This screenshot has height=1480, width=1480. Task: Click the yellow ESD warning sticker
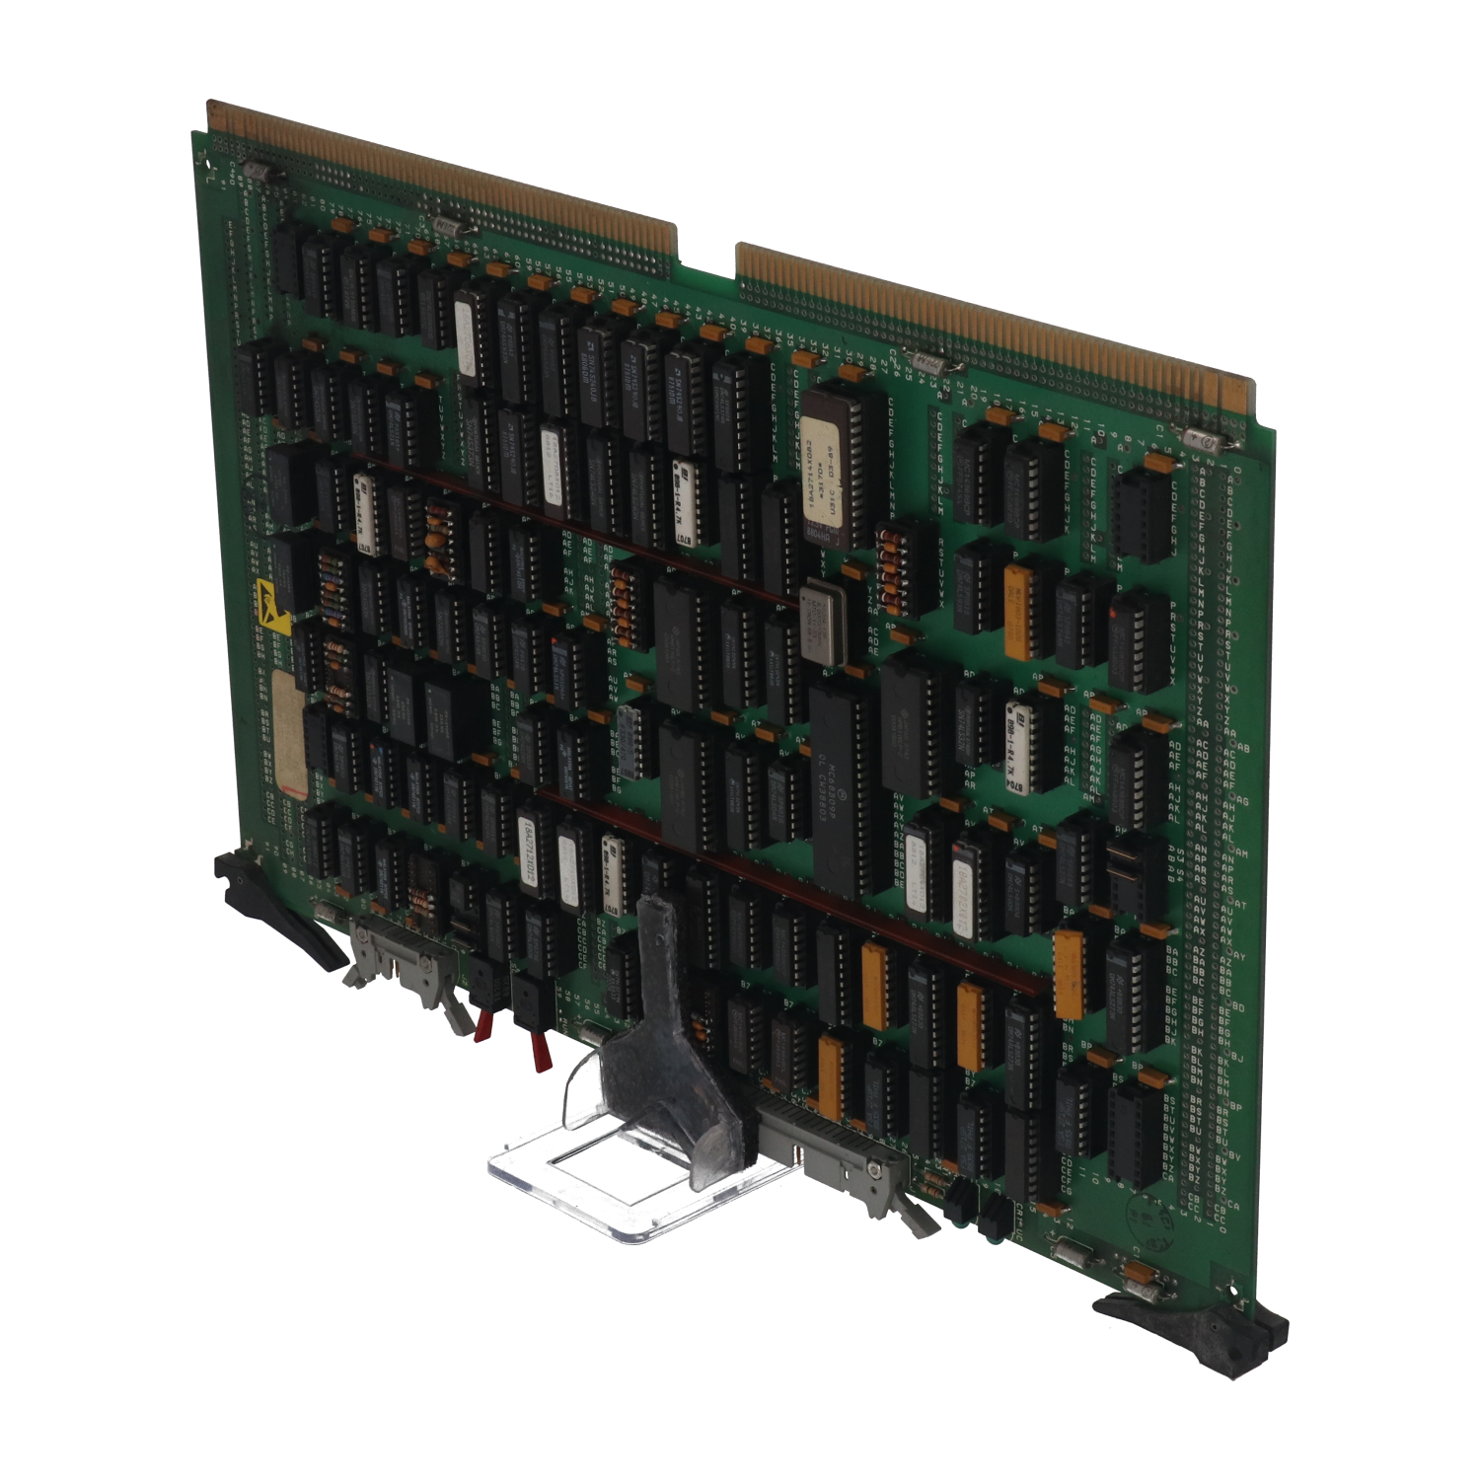click(272, 606)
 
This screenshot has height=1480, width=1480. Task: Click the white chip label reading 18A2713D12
click(530, 854)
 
